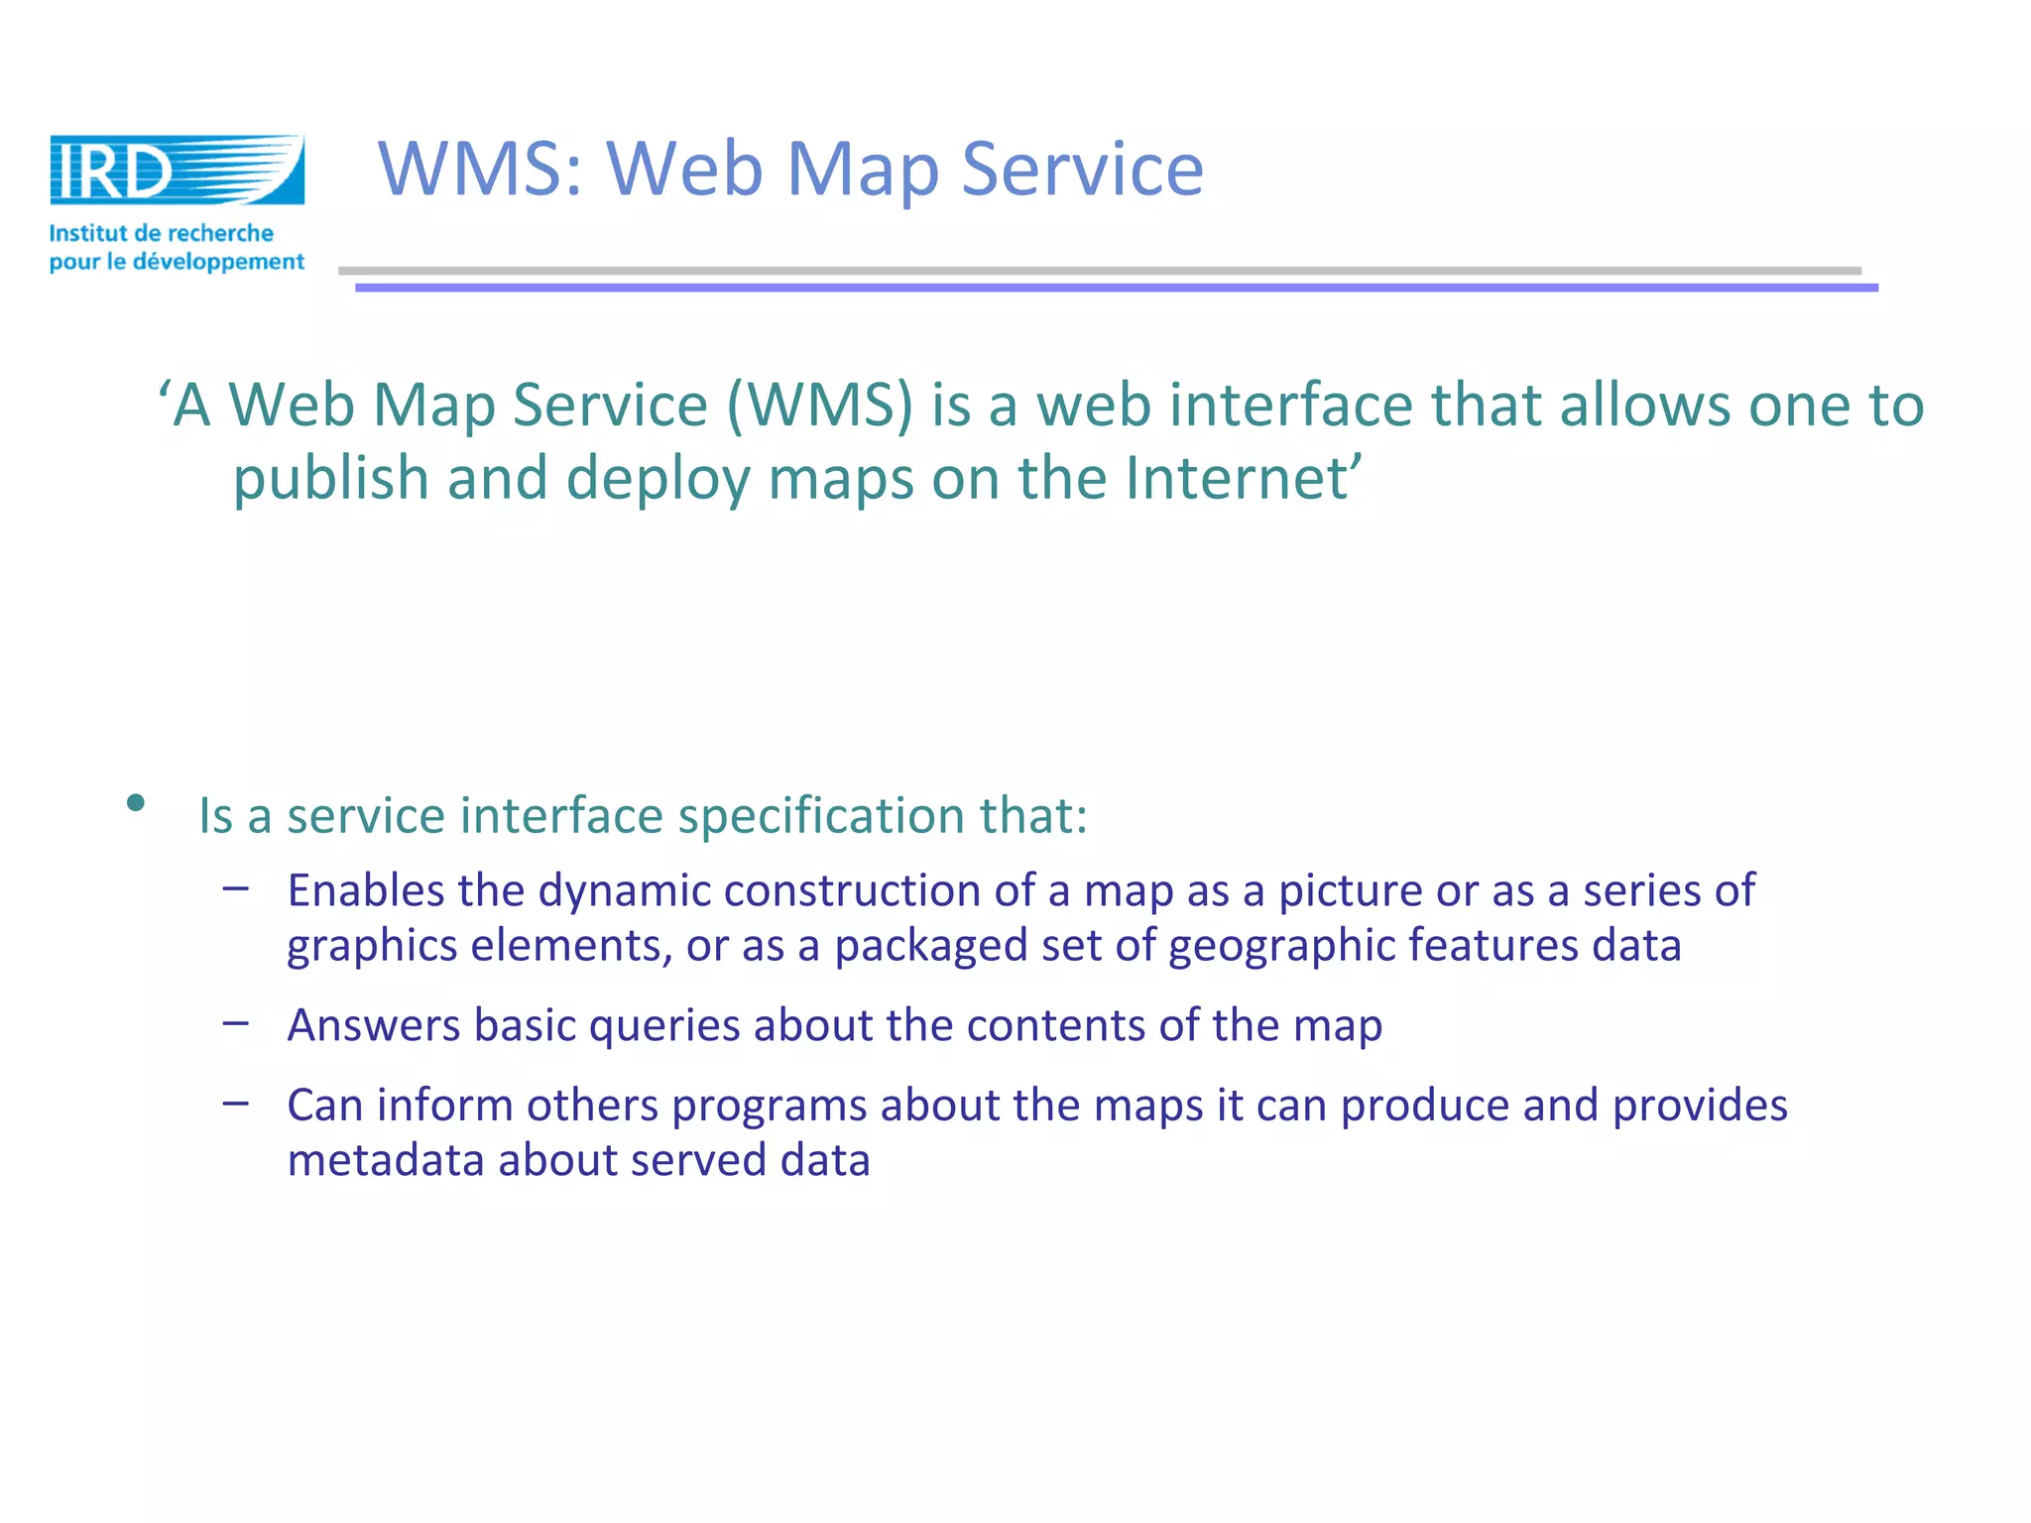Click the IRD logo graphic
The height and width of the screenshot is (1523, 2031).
(177, 171)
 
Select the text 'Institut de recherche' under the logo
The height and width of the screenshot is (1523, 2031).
(162, 233)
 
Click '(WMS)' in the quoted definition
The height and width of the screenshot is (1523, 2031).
(819, 406)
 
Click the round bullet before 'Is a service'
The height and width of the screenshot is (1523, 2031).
(136, 802)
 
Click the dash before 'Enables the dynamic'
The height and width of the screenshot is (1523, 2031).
(236, 888)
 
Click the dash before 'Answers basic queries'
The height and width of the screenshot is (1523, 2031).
(236, 1022)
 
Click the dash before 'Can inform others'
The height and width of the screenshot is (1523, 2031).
(236, 1103)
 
